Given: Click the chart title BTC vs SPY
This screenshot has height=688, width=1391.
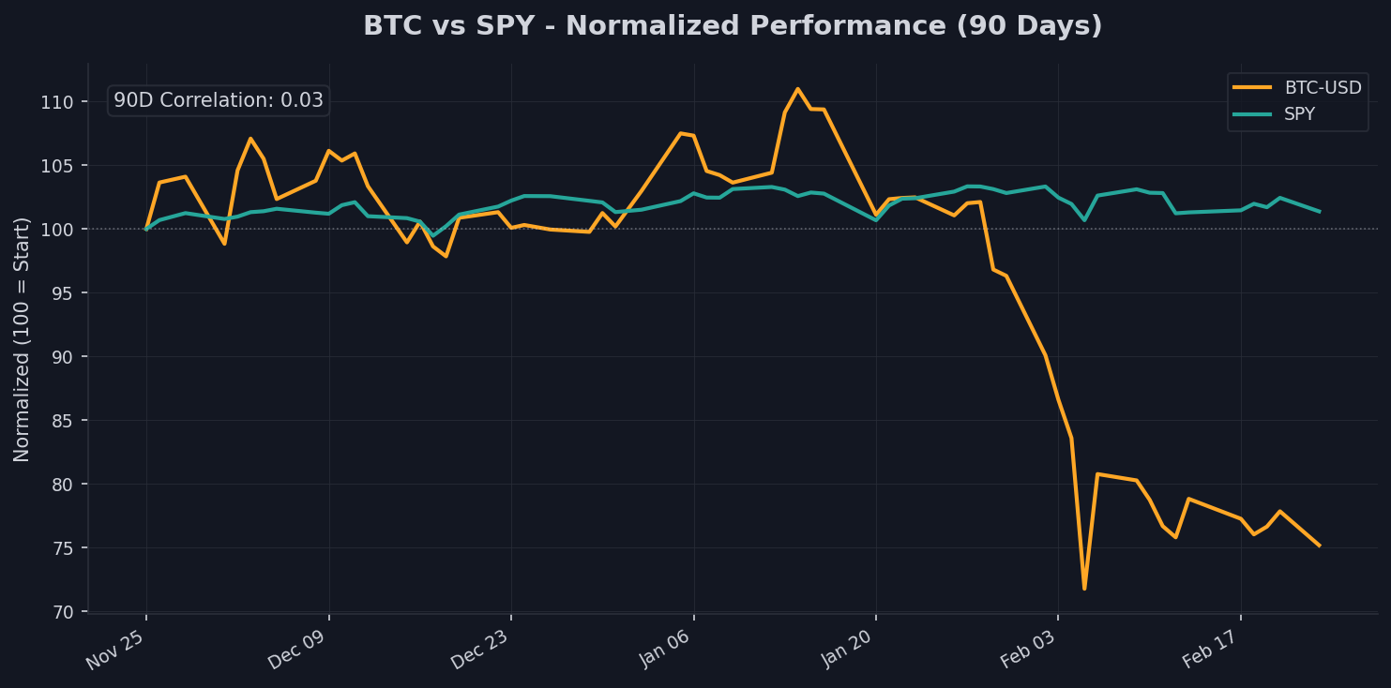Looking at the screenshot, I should (733, 26).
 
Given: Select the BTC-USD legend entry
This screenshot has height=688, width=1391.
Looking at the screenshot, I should (1323, 88).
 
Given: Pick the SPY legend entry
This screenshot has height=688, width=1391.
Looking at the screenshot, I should (1299, 114).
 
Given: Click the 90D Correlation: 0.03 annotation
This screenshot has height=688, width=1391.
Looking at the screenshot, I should (219, 100).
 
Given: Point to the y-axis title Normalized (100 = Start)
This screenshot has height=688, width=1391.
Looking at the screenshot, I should (23, 339).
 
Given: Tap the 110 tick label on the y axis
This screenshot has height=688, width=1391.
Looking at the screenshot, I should (63, 101).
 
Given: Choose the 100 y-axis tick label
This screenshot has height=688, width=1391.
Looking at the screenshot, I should (63, 229).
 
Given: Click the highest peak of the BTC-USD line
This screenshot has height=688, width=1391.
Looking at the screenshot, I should (797, 89).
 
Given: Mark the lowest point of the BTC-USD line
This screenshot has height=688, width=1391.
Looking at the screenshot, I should (1084, 589).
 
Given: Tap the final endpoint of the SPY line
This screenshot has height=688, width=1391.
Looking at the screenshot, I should (1320, 212).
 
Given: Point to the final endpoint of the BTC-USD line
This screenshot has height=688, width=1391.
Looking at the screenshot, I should (1320, 546).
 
